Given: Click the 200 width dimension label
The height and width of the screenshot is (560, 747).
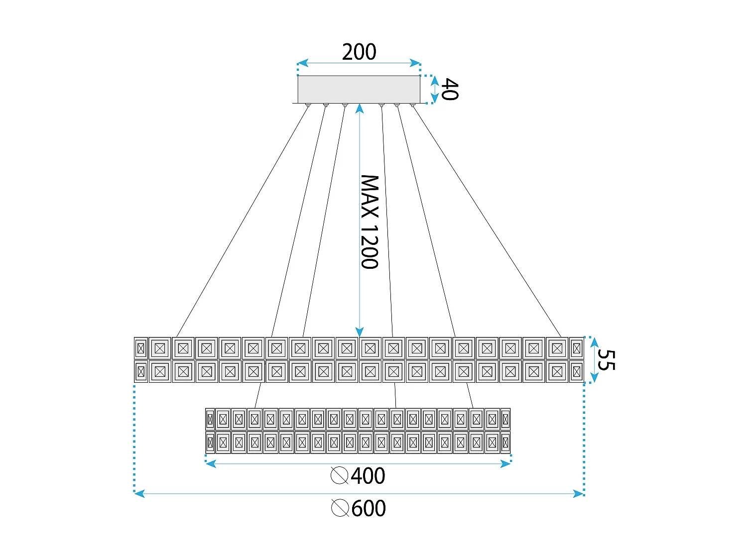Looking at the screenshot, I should click(x=359, y=52).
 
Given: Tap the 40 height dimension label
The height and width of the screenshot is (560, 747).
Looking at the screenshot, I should click(x=449, y=90).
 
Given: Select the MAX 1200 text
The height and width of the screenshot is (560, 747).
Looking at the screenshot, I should click(x=370, y=222).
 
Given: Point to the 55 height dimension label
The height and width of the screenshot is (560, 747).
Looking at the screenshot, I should click(x=606, y=360).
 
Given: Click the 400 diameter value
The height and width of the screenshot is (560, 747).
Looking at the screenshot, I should click(x=368, y=476).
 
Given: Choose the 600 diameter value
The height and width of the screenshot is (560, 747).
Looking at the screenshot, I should click(x=369, y=509).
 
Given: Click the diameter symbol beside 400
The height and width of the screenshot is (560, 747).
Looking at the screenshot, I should click(x=339, y=475).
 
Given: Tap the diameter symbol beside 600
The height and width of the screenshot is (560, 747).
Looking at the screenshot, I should click(x=340, y=508).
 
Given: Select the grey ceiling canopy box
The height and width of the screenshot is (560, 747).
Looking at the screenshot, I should click(x=359, y=89).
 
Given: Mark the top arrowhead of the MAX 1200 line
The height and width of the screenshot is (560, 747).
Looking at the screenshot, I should click(x=359, y=108).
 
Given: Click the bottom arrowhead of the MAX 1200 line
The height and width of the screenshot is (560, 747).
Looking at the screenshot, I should click(x=359, y=332).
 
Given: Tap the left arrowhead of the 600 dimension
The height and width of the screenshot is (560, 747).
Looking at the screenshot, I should click(x=139, y=494).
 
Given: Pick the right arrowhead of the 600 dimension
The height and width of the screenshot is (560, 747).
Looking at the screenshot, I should click(x=578, y=494).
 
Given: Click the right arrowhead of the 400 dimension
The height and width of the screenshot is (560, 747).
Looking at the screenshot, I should click(x=506, y=464).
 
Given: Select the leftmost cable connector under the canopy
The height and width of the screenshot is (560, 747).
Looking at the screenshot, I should click(x=309, y=106).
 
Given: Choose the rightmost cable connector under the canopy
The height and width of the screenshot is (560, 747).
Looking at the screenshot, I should click(x=412, y=106).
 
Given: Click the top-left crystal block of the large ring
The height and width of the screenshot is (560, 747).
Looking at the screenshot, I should click(x=140, y=348).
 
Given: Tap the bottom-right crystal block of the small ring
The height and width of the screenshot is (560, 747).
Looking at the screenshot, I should click(x=505, y=442).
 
